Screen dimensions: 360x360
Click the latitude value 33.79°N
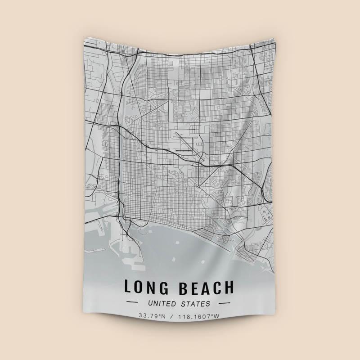[153, 316]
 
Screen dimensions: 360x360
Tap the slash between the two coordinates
[171, 316]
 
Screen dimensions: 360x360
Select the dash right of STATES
[224, 304]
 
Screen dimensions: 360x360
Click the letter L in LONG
[128, 287]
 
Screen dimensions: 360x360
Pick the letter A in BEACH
[207, 287]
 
